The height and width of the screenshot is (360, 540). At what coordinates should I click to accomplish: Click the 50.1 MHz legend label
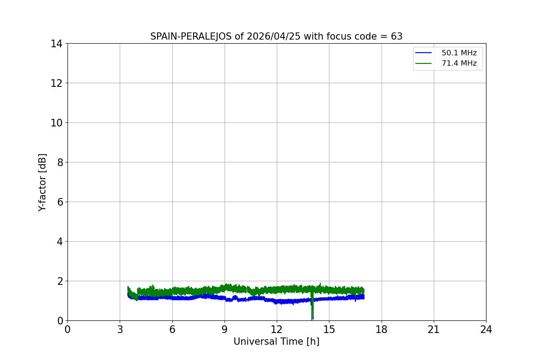(459, 53)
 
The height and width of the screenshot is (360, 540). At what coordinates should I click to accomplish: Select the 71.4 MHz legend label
(459, 63)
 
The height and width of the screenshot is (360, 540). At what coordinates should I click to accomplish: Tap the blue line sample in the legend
(423, 53)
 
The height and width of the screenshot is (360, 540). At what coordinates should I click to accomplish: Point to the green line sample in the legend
(423, 63)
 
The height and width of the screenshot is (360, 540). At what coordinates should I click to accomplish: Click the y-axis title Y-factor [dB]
(42, 182)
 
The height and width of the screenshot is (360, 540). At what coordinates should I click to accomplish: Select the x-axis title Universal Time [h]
(276, 342)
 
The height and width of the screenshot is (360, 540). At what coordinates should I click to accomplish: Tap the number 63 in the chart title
(396, 36)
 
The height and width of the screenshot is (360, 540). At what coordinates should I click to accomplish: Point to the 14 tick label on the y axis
(56, 44)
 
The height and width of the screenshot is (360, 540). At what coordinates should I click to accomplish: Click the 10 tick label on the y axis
(56, 123)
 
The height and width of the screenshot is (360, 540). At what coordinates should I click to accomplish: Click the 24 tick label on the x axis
(486, 329)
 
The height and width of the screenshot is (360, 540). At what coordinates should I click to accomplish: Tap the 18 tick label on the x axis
(381, 329)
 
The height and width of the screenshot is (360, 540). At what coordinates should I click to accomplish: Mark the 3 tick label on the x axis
(120, 329)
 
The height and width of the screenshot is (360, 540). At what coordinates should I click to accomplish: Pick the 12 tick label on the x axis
(277, 329)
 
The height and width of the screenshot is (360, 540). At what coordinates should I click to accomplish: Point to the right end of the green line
(363, 290)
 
